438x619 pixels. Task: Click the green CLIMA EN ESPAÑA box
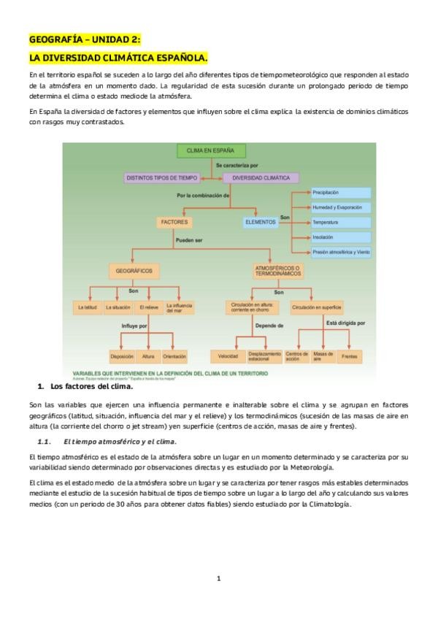point(210,151)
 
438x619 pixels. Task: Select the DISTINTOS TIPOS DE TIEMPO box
point(162,177)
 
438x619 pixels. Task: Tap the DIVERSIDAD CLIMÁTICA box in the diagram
point(260,177)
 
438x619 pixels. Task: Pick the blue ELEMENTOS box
point(261,221)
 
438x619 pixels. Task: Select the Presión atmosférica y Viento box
point(341,252)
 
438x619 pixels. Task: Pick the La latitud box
point(87,308)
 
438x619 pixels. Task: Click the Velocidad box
point(227,356)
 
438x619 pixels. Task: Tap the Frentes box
point(349,356)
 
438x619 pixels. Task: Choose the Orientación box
point(175,356)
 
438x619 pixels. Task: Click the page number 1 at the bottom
point(218,579)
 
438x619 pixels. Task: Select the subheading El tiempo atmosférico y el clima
point(120,442)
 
